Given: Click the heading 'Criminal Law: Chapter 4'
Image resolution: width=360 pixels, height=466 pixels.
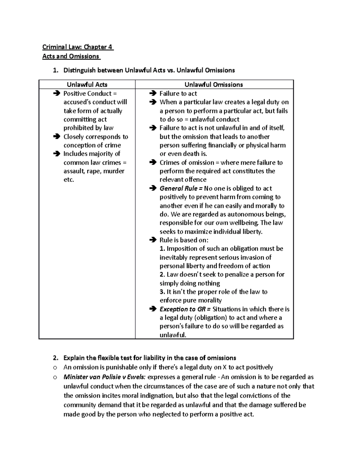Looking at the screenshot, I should pyautogui.click(x=78, y=47).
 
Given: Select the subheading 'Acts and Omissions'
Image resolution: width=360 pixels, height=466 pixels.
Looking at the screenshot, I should pyautogui.click(x=71, y=56).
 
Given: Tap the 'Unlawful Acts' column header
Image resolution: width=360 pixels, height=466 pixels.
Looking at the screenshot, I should pyautogui.click(x=87, y=85).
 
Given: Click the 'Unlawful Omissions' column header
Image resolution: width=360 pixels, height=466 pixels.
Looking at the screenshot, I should pyautogui.click(x=214, y=85).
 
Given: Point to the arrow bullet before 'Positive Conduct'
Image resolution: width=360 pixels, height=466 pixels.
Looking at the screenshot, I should pyautogui.click(x=56, y=94).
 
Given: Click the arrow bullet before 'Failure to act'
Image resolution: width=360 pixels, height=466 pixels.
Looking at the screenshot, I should pyautogui.click(x=153, y=94).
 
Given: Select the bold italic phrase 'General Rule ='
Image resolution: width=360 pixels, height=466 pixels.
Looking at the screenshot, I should pyautogui.click(x=181, y=188).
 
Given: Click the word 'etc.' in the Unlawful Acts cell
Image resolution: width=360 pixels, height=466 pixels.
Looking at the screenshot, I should pyautogui.click(x=69, y=180).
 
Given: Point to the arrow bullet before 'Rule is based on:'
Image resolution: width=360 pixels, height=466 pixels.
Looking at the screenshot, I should pyautogui.click(x=153, y=240).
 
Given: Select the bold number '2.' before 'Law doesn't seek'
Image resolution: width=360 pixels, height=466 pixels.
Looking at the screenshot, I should pyautogui.click(x=162, y=275).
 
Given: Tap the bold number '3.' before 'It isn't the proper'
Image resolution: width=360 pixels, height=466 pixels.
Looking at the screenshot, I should pyautogui.click(x=162, y=292).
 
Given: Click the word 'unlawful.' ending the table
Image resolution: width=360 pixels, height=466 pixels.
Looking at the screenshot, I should pyautogui.click(x=173, y=335).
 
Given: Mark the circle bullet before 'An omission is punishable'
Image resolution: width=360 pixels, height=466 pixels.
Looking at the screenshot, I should pyautogui.click(x=55, y=367).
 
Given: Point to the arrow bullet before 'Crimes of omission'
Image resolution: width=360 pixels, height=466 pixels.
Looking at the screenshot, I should pyautogui.click(x=153, y=163).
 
